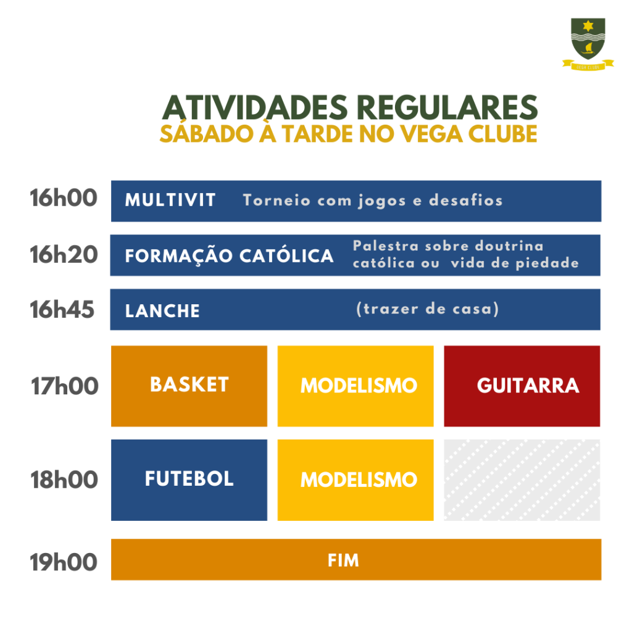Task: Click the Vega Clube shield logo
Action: [588, 44]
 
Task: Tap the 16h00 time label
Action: [64, 198]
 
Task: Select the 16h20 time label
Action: [64, 255]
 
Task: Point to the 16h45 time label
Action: [62, 310]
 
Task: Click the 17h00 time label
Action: [64, 386]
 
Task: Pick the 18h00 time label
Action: [64, 480]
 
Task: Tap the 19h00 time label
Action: [64, 562]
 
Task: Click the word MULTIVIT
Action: [170, 201]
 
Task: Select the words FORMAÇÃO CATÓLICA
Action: [229, 256]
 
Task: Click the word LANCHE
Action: [162, 311]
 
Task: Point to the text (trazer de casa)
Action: [427, 309]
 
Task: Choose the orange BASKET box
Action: [189, 386]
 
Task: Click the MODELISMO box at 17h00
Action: [355, 386]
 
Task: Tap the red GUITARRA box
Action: [522, 386]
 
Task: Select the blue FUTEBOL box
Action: [189, 480]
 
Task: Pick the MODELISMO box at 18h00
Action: [355, 480]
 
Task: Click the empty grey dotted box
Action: [522, 480]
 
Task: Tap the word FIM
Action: [343, 560]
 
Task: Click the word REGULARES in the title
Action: [447, 107]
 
